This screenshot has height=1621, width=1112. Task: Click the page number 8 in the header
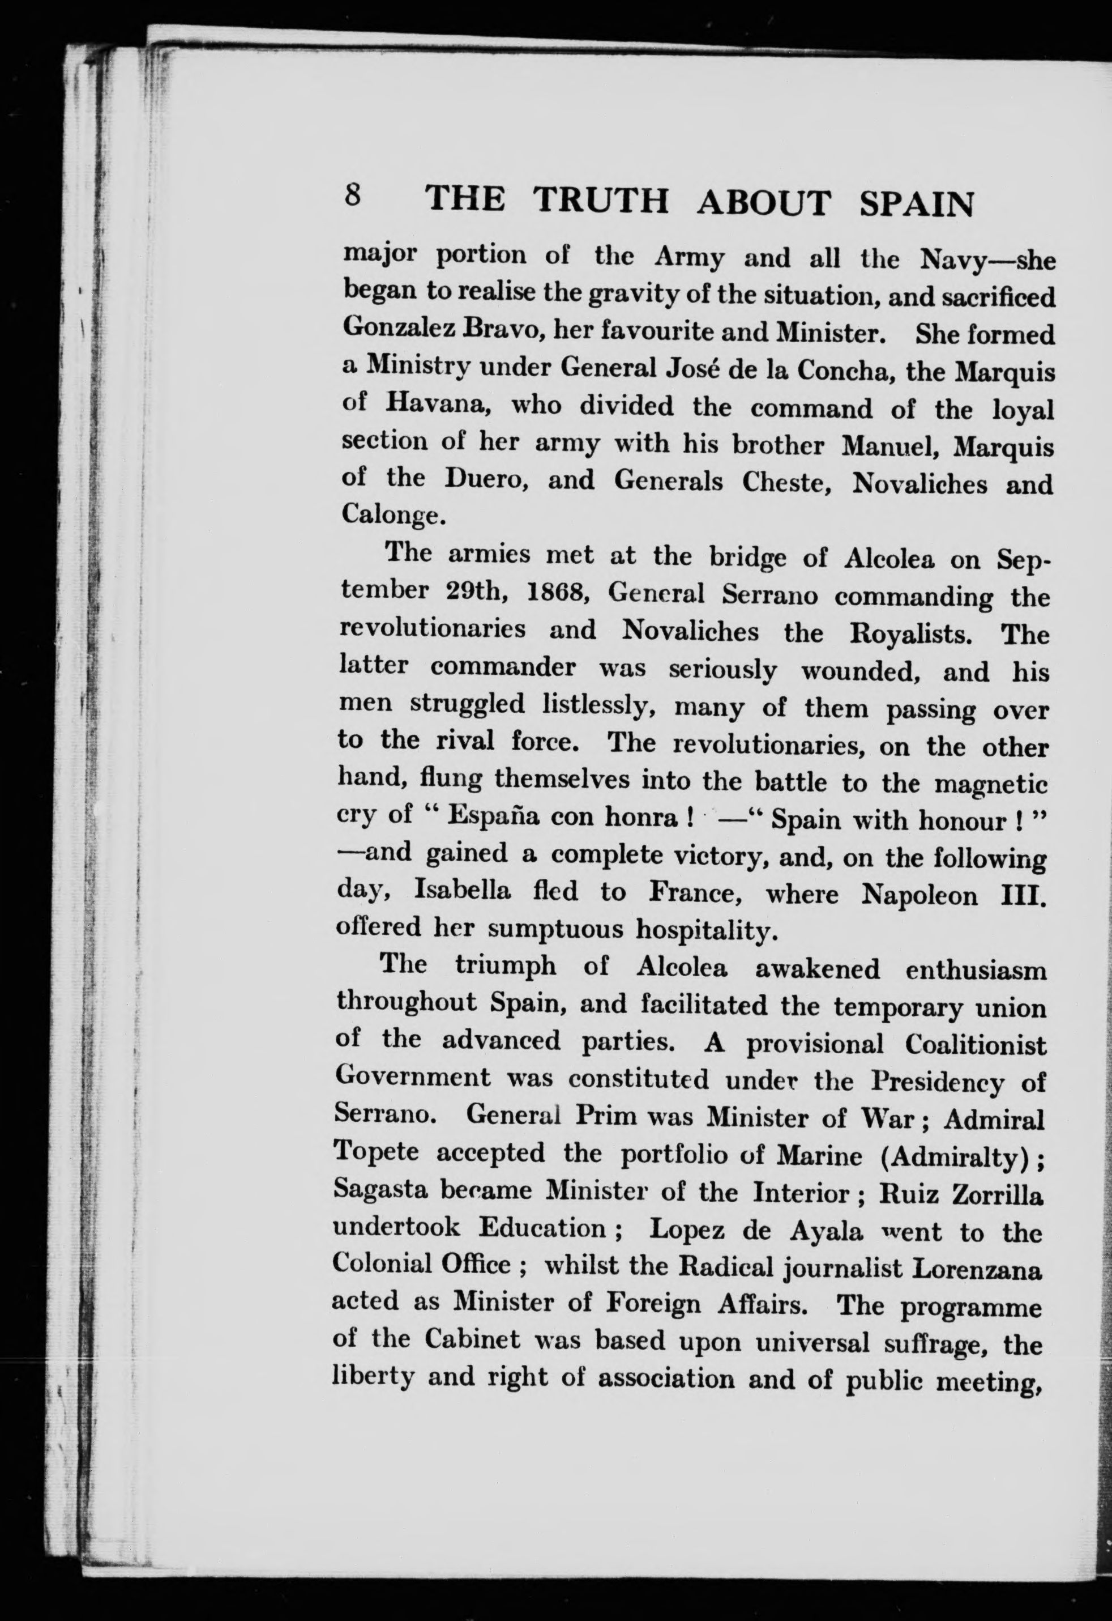coord(353,195)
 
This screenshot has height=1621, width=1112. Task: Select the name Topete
coord(376,1150)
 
